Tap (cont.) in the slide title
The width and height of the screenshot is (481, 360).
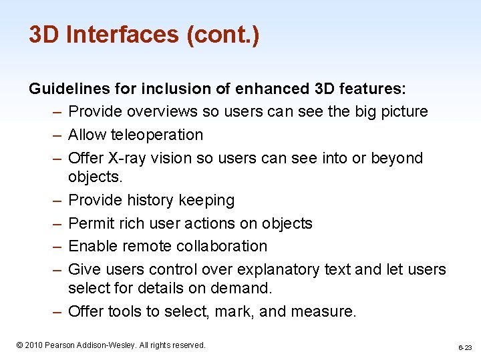click(x=224, y=34)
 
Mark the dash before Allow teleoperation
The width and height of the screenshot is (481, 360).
click(x=55, y=135)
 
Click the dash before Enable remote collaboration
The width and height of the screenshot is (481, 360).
click(x=55, y=246)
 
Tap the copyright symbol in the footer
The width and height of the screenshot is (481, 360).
click(x=20, y=345)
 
